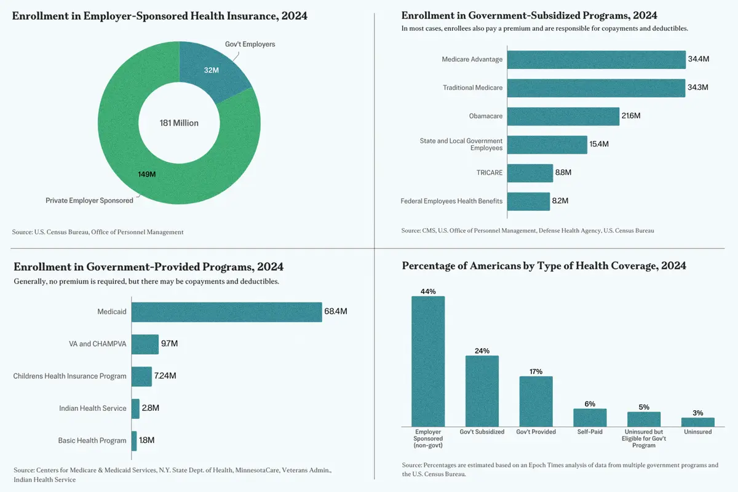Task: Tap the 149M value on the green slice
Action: (146, 174)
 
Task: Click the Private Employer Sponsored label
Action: (89, 200)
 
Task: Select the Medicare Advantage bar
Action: (596, 60)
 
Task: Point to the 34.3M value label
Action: (698, 88)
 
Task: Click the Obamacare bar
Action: (563, 116)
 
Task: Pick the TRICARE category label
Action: (490, 173)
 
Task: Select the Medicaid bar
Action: (226, 312)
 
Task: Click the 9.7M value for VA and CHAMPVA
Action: (169, 344)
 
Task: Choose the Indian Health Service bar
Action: (135, 408)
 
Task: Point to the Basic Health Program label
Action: (92, 440)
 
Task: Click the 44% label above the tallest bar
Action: (428, 292)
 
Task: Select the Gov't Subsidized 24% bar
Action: (482, 391)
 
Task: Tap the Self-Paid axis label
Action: (590, 432)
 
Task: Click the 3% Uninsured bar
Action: (698, 422)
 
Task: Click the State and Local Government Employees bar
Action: (547, 145)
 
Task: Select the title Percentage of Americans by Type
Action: (544, 266)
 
